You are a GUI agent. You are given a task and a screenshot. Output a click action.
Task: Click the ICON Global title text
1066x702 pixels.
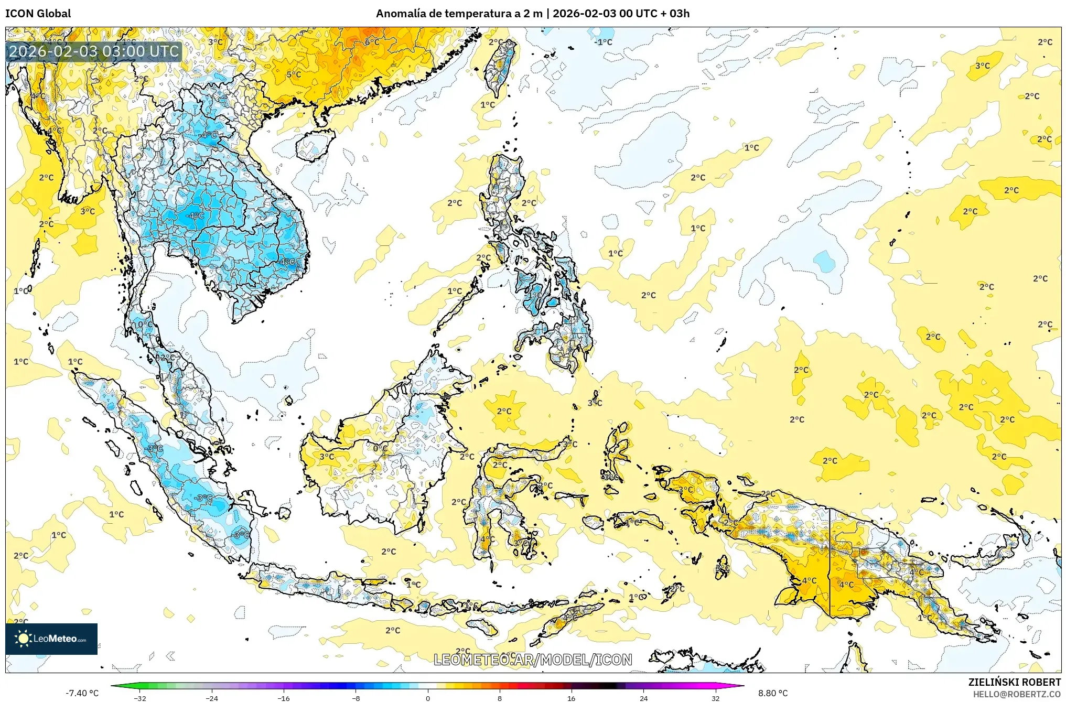tap(38, 14)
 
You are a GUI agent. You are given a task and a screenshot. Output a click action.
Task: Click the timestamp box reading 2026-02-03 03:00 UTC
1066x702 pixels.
tap(94, 51)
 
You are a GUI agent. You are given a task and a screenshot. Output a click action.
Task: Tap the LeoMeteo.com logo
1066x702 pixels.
tap(51, 639)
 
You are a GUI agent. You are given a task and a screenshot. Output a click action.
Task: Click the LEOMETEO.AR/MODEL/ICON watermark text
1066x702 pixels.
tap(533, 660)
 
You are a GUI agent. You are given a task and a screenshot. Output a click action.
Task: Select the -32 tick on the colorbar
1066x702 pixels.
tap(140, 698)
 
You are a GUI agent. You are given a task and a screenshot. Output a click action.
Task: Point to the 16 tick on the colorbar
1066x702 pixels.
tap(571, 698)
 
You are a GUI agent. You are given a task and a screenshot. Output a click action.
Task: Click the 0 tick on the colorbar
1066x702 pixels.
tap(428, 698)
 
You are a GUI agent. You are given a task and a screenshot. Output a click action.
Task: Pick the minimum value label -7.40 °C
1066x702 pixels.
tap(82, 693)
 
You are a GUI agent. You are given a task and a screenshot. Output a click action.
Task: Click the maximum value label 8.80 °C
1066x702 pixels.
tap(773, 693)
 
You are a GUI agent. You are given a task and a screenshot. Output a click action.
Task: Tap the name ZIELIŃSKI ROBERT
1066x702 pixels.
tap(1014, 682)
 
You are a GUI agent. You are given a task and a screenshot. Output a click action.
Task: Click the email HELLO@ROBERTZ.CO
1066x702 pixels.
tap(1016, 694)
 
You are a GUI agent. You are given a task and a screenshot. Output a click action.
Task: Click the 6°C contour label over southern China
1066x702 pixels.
tap(372, 42)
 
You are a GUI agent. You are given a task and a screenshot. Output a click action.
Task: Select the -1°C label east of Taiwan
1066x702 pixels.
tap(603, 42)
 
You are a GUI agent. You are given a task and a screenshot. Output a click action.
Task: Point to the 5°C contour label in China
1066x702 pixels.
tap(294, 74)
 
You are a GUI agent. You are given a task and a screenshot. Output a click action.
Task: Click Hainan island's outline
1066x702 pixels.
tap(315, 145)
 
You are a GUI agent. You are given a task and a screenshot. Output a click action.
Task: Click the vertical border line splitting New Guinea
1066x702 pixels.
tap(830, 561)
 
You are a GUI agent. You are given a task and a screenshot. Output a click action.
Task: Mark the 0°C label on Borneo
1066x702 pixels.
tap(380, 448)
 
